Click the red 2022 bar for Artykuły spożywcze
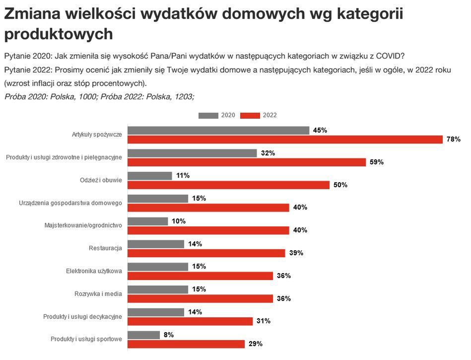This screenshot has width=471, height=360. tap(285, 140)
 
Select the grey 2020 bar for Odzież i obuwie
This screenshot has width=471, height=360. tap(150, 176)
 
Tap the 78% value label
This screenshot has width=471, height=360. tap(454, 140)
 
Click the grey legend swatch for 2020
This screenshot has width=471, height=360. tap(208, 115)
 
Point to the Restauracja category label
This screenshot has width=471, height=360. tap(105, 248)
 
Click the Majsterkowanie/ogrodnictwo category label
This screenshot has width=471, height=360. tap(83, 225)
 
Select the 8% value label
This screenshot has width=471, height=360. tap(168, 335)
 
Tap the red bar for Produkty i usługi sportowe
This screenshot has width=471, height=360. tap(186, 344)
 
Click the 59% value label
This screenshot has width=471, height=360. tap(377, 162)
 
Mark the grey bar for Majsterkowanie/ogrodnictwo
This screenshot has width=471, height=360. tap(148, 221)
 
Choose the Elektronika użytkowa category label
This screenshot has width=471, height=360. tap(94, 271)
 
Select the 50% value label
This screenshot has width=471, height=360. tap(340, 185)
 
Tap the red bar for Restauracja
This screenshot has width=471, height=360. tap(206, 253)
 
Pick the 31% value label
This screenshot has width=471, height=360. tap(264, 321)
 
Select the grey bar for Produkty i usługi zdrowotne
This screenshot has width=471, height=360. tap(192, 153)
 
